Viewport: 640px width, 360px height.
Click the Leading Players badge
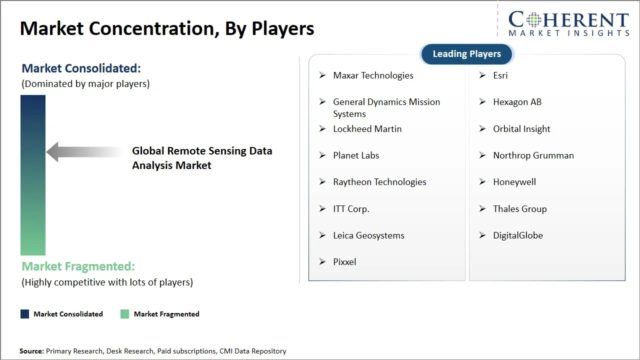point(466,54)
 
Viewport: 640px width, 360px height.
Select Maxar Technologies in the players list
point(373,75)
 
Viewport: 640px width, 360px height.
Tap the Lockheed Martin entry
point(367,129)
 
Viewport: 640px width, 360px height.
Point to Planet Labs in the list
point(356,155)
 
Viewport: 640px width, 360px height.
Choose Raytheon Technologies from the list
point(379,182)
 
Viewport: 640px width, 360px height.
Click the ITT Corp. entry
point(351,209)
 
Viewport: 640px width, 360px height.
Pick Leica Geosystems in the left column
point(368,235)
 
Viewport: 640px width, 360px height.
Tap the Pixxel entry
point(344,262)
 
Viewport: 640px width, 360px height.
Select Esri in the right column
point(500,75)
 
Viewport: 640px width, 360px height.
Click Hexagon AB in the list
point(517,102)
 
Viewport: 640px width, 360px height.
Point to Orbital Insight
point(521,129)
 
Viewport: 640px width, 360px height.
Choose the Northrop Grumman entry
point(533,155)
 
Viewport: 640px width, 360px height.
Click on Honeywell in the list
point(514,182)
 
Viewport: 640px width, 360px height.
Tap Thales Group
point(519,209)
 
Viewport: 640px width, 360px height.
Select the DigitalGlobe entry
point(517,235)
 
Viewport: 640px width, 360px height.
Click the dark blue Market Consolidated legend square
point(24,314)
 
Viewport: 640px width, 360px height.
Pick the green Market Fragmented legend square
point(125,314)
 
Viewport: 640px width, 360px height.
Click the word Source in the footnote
point(31,351)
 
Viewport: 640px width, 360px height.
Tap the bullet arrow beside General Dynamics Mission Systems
point(322,102)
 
